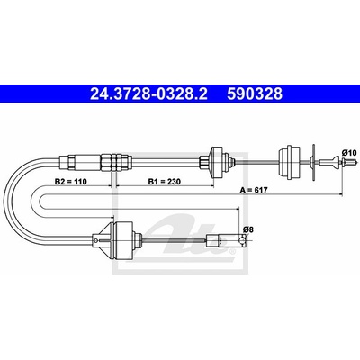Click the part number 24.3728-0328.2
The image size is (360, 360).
point(148,94)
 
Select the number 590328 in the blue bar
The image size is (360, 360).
point(255,94)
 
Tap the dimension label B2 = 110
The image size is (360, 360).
point(70,182)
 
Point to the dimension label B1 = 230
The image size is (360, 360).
point(165,182)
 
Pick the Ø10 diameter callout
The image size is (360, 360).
point(349,153)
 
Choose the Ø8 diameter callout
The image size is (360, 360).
point(248,229)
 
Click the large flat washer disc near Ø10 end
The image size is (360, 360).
point(313,162)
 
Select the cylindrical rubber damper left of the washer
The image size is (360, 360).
point(289,163)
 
